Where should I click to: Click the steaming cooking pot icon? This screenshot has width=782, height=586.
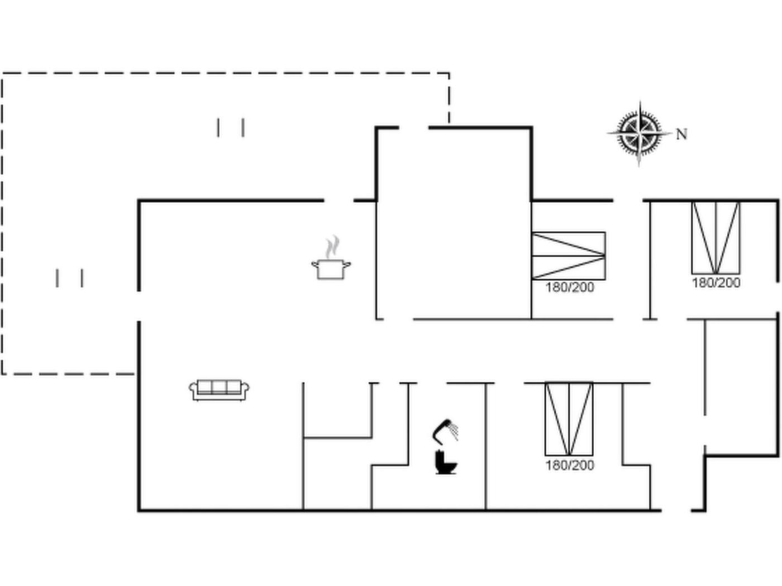point(331,258)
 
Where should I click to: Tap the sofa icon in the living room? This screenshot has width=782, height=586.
point(219,390)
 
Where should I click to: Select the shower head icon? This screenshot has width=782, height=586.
point(445,432)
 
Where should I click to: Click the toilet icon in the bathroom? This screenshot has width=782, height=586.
point(446,463)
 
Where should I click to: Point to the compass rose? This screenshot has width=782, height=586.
point(640,134)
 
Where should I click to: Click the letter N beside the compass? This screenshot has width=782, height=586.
point(681,135)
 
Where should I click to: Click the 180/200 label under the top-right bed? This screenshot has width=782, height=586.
point(716,283)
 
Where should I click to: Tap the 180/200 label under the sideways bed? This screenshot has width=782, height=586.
point(570,287)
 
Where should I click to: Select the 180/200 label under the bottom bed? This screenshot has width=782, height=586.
point(570,465)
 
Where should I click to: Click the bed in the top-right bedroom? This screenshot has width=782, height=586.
point(716,238)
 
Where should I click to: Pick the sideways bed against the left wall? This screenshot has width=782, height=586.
point(569,256)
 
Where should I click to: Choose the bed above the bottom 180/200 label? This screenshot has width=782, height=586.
point(569,419)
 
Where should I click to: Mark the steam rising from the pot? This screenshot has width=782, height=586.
point(332,246)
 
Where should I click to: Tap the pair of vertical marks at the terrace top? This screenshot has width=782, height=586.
point(231,127)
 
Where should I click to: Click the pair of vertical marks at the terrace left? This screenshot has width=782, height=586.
point(69,278)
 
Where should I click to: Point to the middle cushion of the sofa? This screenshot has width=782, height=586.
point(219,387)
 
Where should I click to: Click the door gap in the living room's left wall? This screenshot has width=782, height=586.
point(139,306)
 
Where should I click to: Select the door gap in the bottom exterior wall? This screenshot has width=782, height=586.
point(676,511)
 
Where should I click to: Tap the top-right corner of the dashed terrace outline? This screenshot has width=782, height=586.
point(449,73)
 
